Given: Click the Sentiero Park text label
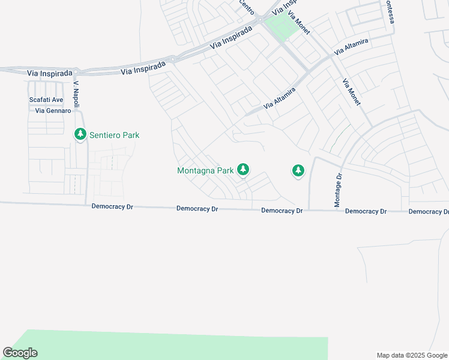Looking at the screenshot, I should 114,135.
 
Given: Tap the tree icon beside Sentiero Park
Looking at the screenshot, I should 80,134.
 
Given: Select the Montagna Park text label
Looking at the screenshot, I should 205,171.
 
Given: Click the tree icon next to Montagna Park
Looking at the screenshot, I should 243,170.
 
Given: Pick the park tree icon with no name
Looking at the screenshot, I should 298,171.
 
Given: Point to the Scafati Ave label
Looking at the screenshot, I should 46,100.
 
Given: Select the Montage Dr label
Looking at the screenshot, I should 338,191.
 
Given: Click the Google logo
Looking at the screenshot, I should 20,353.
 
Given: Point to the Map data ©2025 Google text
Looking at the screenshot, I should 412,355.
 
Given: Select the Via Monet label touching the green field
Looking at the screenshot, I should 298,22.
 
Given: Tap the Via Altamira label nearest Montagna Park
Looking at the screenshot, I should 279,97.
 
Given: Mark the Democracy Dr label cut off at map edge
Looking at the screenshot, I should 429,212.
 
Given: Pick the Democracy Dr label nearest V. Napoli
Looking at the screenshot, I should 112,207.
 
